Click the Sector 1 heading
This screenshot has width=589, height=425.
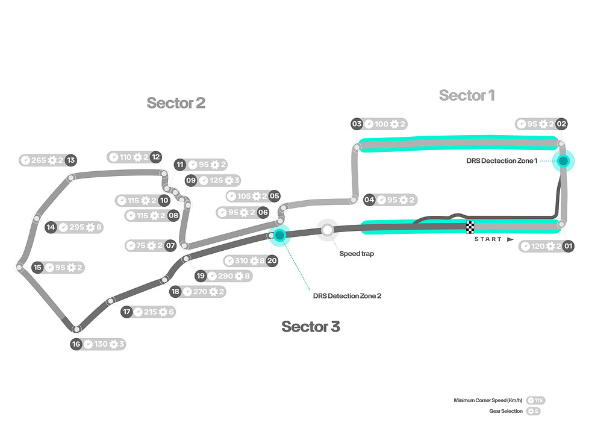pyautogui.click(x=467, y=95)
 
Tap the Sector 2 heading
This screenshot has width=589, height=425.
pyautogui.click(x=176, y=103)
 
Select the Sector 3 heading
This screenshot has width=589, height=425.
pyautogui.click(x=311, y=327)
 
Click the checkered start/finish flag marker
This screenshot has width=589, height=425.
pyautogui.click(x=470, y=227)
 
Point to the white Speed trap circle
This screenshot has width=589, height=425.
pyautogui.click(x=328, y=230)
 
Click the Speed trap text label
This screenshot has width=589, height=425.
pyautogui.click(x=357, y=254)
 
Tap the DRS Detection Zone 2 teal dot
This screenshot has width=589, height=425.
pyautogui.click(x=279, y=235)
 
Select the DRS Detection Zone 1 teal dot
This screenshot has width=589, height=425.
pyautogui.click(x=563, y=161)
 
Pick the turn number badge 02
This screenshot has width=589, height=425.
pyautogui.click(x=562, y=124)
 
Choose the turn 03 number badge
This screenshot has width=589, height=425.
pyautogui.click(x=357, y=124)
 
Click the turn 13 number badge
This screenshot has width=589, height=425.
pyautogui.click(x=70, y=160)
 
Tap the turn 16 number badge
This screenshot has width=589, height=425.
pyautogui.click(x=76, y=344)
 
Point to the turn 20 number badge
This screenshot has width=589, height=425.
pyautogui.click(x=272, y=261)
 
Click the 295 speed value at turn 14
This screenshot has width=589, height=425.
pyautogui.click(x=77, y=227)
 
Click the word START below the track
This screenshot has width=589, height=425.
pyautogui.click(x=488, y=239)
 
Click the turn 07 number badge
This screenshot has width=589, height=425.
pyautogui.click(x=170, y=245)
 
